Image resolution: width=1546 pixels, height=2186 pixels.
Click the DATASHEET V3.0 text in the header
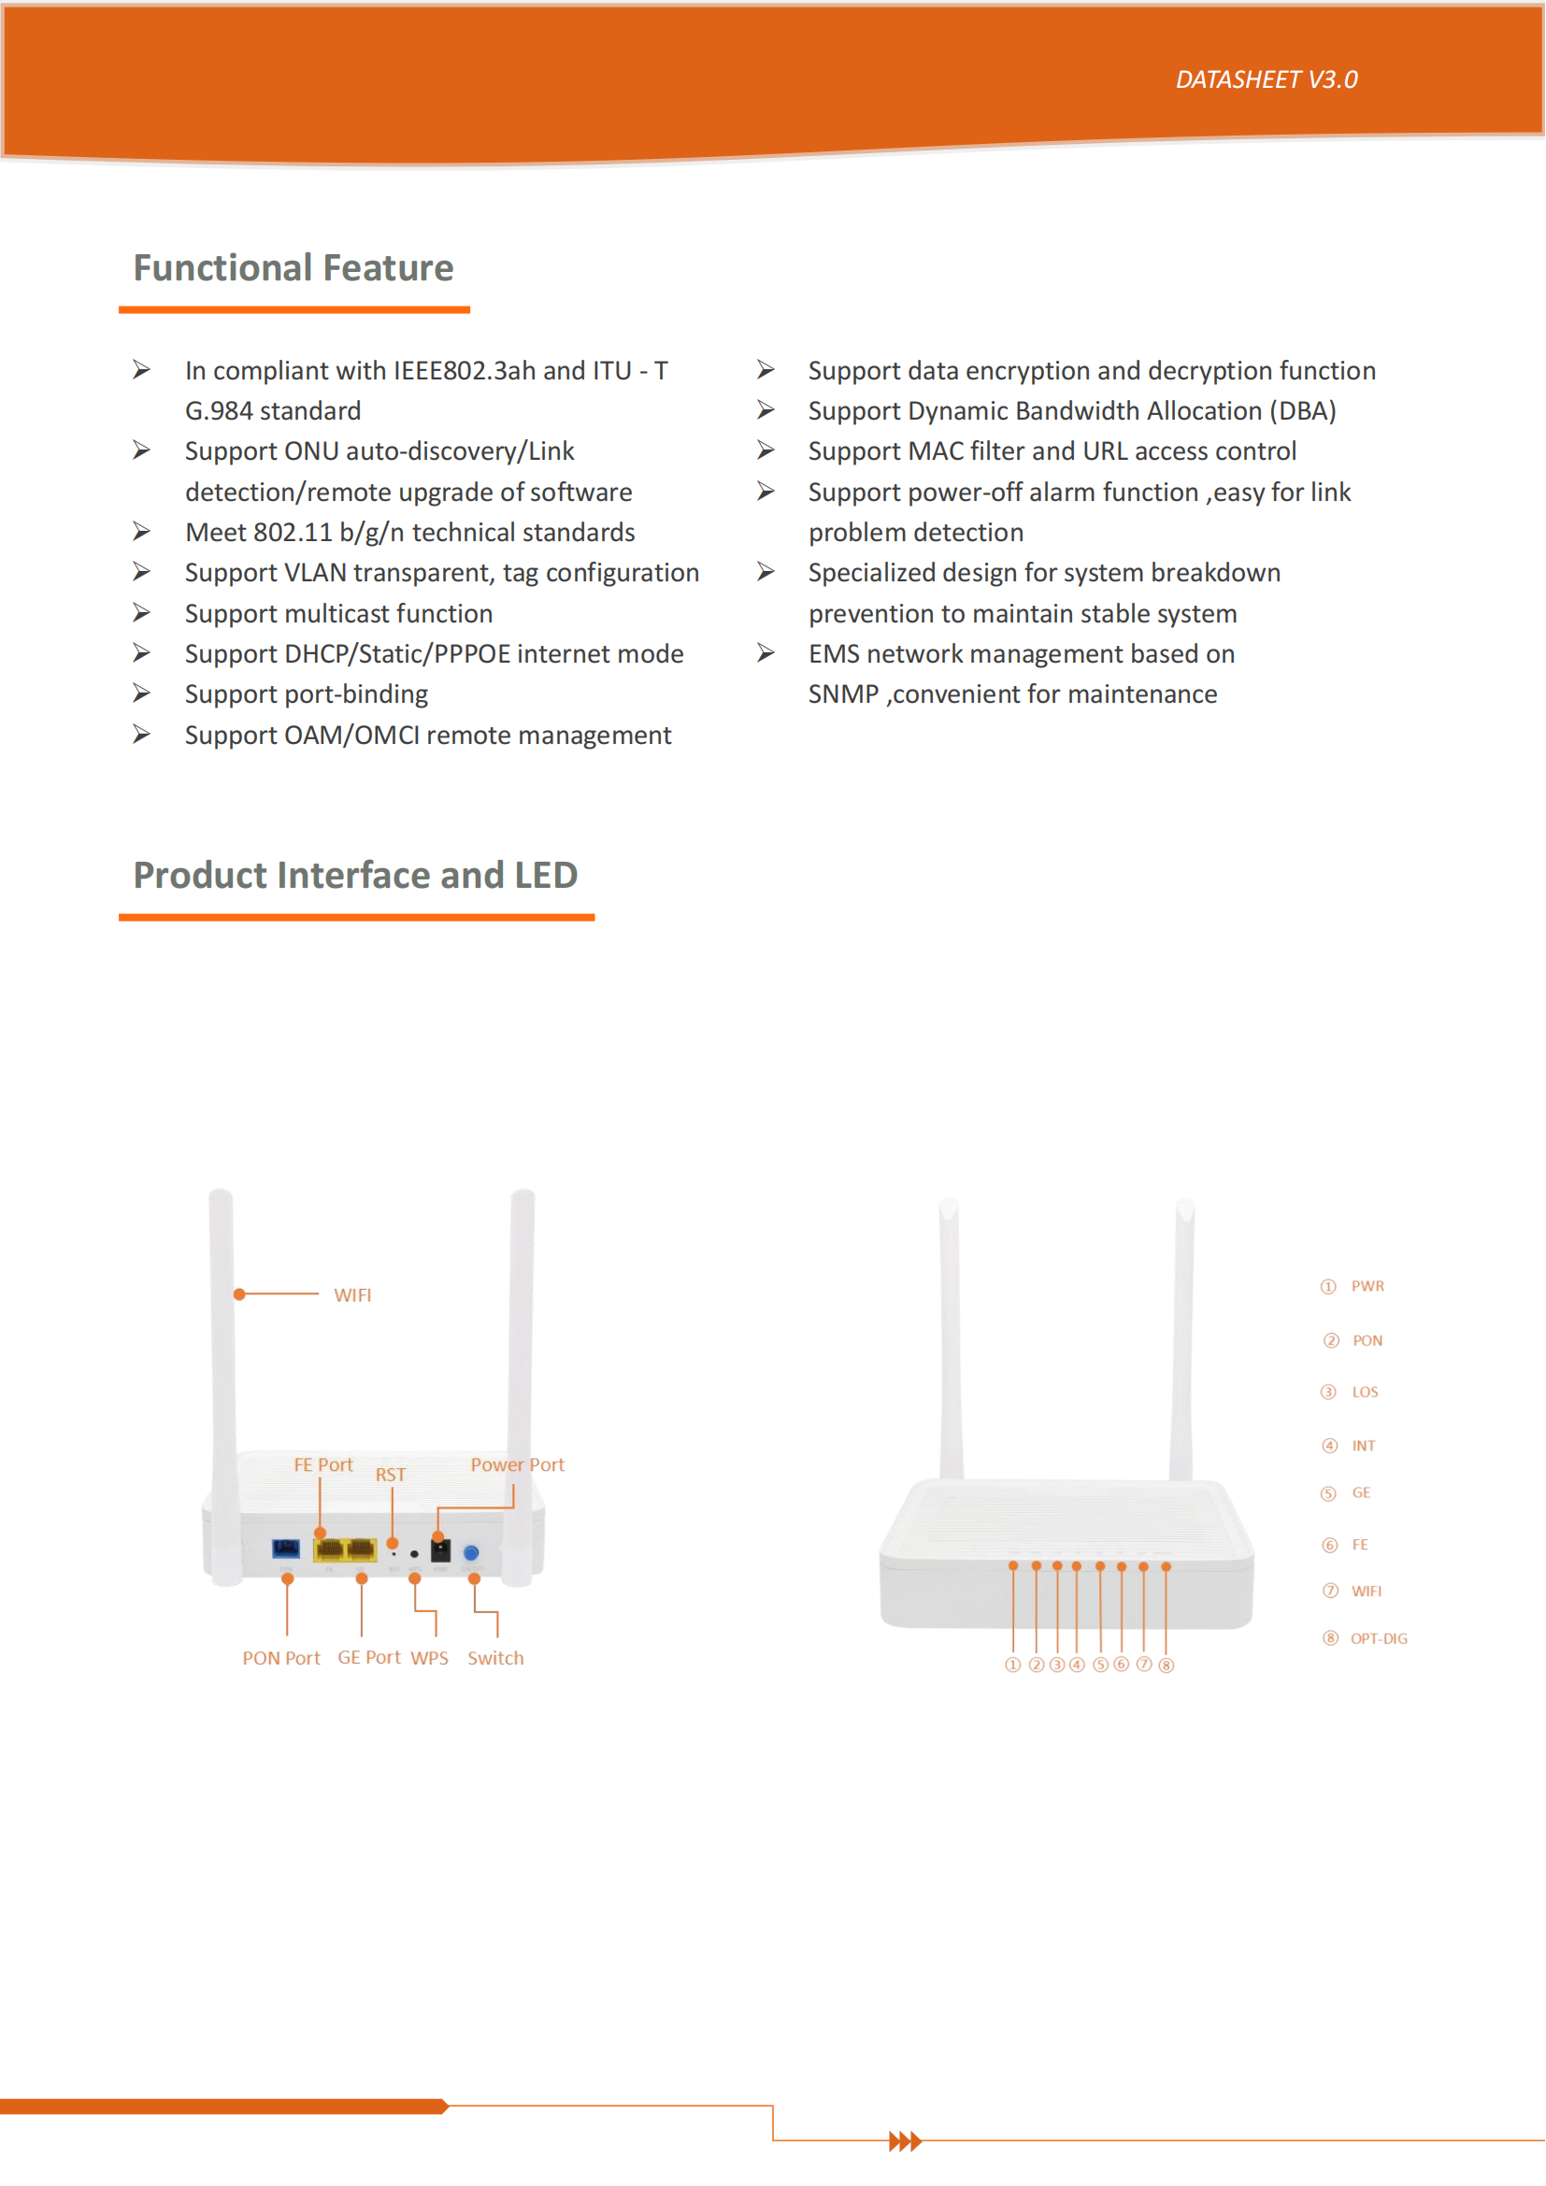click(1266, 80)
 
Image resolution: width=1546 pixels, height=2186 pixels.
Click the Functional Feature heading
click(293, 268)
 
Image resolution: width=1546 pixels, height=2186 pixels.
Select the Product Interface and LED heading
click(355, 876)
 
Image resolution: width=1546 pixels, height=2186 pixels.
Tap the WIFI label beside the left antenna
click(352, 1295)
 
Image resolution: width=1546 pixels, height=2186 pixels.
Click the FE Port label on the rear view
click(322, 1465)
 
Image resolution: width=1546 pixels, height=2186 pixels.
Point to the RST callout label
click(391, 1476)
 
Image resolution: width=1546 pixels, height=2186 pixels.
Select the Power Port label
click(517, 1465)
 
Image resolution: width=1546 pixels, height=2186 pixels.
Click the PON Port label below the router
click(280, 1659)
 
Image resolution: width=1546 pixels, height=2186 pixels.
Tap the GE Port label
click(368, 1658)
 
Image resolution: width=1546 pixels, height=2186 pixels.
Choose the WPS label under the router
click(429, 1659)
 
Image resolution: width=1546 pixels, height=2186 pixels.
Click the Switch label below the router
click(495, 1659)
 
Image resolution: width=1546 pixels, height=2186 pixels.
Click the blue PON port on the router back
click(286, 1549)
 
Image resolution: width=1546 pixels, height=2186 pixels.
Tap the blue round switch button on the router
click(470, 1553)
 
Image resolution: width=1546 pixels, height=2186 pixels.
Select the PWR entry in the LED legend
click(1367, 1287)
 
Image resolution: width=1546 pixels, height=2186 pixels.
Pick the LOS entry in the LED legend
click(1364, 1393)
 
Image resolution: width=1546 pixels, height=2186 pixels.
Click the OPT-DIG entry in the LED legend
click(1378, 1639)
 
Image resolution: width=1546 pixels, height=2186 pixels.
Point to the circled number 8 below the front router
click(1167, 1665)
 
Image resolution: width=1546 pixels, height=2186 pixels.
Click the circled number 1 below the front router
click(1013, 1665)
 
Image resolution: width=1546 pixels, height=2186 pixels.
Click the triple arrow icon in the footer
click(905, 2142)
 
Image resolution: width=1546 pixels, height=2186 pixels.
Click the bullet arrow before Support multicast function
click(142, 613)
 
